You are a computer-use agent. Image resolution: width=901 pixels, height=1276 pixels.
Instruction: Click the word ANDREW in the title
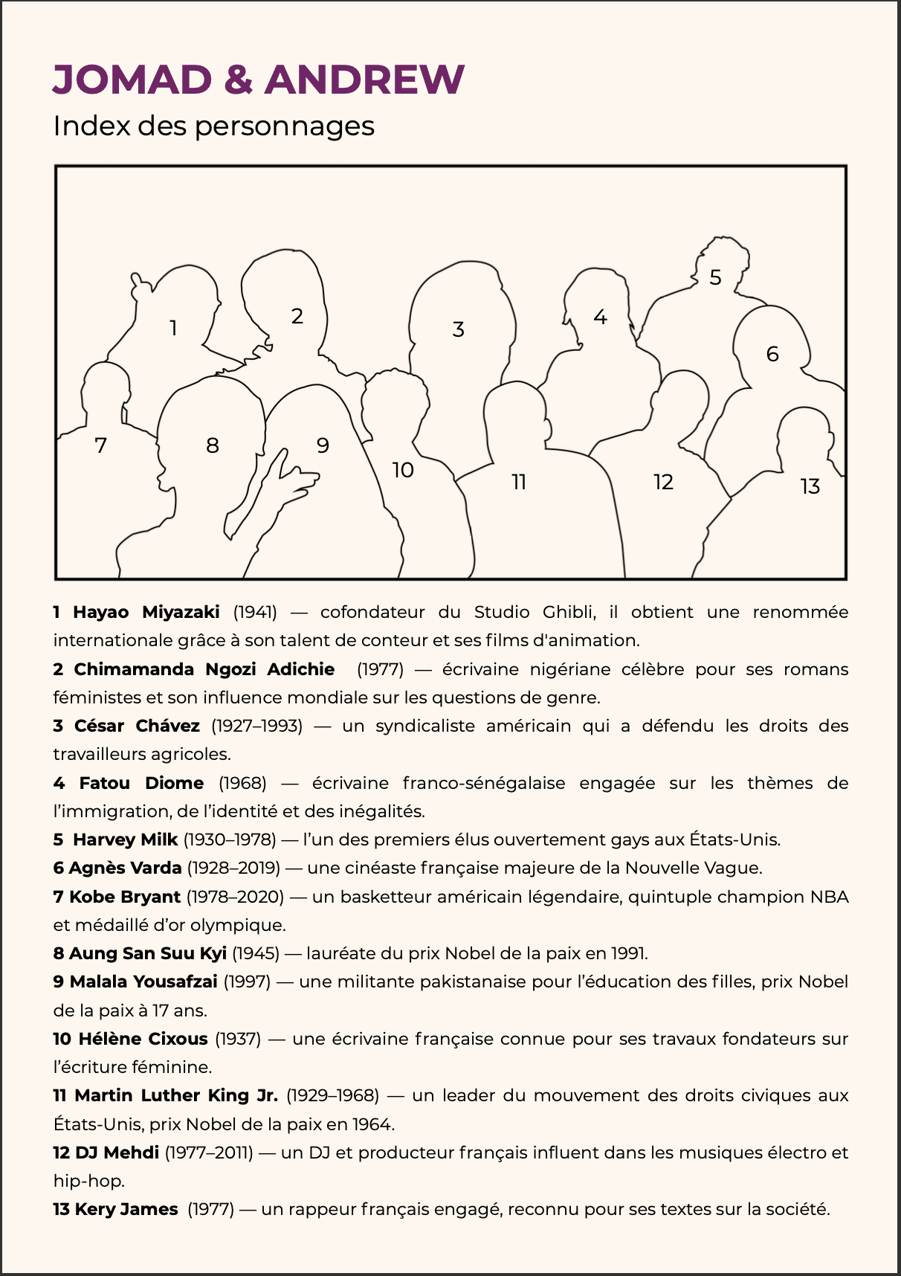click(364, 79)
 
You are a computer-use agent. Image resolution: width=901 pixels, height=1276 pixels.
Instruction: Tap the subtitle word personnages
click(285, 126)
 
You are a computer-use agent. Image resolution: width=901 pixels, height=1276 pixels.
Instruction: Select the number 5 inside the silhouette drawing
click(715, 277)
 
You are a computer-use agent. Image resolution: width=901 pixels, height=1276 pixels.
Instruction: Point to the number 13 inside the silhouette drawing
click(810, 486)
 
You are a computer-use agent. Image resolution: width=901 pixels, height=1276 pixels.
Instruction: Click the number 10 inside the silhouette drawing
click(403, 470)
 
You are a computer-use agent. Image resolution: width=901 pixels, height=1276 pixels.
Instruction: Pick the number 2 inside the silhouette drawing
click(297, 316)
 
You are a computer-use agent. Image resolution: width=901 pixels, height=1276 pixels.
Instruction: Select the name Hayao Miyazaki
click(146, 612)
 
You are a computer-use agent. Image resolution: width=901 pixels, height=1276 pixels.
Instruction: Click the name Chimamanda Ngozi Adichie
click(204, 669)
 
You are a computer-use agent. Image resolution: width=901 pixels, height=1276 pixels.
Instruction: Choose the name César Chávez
click(137, 726)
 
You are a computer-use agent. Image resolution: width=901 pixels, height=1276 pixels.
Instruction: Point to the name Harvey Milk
click(125, 840)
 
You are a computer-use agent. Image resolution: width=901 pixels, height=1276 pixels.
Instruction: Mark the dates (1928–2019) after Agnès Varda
click(233, 868)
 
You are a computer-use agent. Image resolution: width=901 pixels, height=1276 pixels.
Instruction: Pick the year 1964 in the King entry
click(372, 1124)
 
